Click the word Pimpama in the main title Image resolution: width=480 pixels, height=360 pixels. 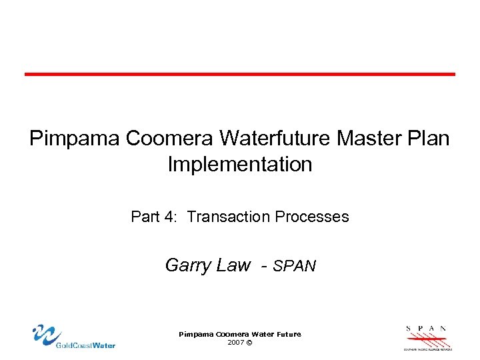[x=73, y=139]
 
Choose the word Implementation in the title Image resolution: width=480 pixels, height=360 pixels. [x=240, y=164]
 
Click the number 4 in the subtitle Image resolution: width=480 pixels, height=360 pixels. [x=171, y=217]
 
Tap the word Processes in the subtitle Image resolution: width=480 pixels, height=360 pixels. [x=311, y=217]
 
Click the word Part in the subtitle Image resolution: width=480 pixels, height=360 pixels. [x=145, y=217]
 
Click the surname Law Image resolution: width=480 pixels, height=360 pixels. [x=233, y=265]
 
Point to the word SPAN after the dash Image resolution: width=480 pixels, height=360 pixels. [x=295, y=266]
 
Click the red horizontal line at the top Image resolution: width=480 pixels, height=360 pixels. [x=240, y=74]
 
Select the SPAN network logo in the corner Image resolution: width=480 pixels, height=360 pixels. [x=427, y=337]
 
